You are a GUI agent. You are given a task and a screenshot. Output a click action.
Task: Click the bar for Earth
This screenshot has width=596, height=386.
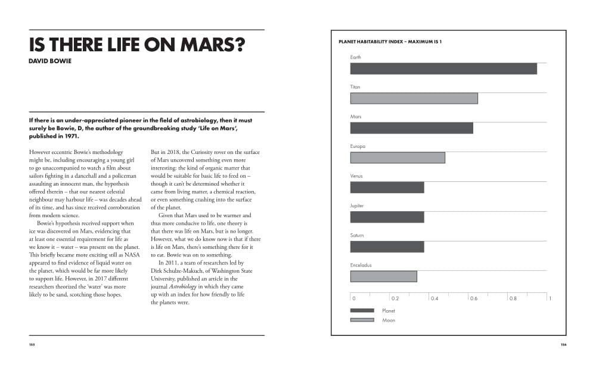[x=443, y=69]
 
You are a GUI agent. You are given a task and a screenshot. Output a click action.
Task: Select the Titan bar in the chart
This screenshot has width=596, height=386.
[x=414, y=98]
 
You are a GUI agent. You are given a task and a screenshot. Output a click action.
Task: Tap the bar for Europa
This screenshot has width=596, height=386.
[x=398, y=158]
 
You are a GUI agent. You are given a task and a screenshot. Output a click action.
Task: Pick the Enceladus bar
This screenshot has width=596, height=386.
[x=383, y=276]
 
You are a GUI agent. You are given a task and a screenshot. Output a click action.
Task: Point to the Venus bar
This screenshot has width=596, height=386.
[x=387, y=187]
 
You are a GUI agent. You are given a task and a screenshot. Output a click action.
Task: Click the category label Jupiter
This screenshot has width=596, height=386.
[x=357, y=206]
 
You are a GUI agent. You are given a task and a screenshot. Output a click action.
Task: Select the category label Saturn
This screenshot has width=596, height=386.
[x=357, y=235]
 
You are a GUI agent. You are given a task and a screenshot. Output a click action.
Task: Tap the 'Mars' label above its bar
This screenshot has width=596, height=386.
[x=356, y=116]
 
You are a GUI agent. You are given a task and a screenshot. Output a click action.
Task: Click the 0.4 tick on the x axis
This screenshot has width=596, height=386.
[x=434, y=298]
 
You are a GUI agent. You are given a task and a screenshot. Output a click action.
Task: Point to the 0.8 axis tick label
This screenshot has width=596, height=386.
[x=513, y=298]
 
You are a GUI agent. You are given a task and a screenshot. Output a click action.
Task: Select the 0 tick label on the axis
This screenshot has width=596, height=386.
[x=354, y=298]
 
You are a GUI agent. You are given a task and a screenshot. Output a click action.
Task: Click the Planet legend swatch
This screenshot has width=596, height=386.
[x=362, y=311]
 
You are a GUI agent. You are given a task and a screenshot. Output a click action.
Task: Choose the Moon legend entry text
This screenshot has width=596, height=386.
[x=389, y=320]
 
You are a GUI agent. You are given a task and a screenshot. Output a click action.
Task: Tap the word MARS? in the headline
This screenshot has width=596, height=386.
[x=213, y=45]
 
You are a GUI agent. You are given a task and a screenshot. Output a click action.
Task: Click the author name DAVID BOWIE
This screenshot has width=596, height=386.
[x=50, y=61]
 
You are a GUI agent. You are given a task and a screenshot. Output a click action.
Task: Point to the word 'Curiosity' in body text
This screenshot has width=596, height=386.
[x=203, y=152]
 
